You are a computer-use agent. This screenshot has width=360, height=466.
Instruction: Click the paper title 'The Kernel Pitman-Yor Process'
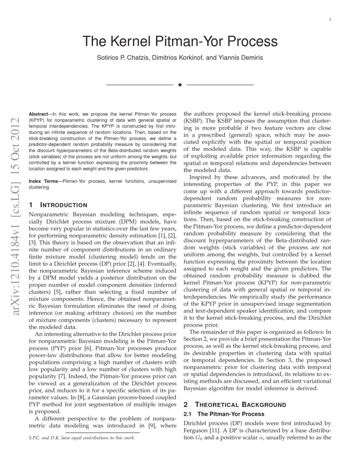tap(180, 42)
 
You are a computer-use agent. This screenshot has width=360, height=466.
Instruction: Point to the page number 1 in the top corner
tap(330, 20)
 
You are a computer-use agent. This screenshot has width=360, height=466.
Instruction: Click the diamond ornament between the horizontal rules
tap(180, 85)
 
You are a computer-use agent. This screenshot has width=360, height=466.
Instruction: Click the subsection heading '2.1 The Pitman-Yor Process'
tap(224, 414)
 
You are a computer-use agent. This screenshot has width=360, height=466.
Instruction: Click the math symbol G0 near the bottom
tap(199, 438)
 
